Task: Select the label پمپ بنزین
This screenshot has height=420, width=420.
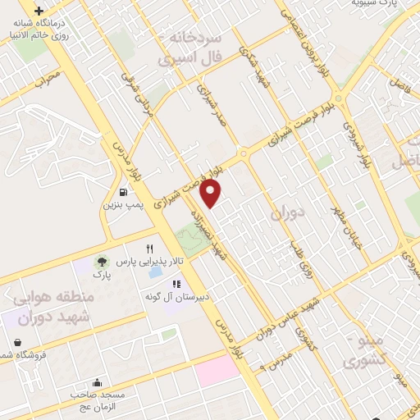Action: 122,206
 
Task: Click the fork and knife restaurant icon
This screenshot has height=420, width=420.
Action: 149,249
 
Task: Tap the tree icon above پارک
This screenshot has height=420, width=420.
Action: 102,262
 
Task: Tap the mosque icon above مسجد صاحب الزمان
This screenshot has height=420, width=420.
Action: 98,382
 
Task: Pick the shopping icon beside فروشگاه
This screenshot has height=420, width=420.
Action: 17,342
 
